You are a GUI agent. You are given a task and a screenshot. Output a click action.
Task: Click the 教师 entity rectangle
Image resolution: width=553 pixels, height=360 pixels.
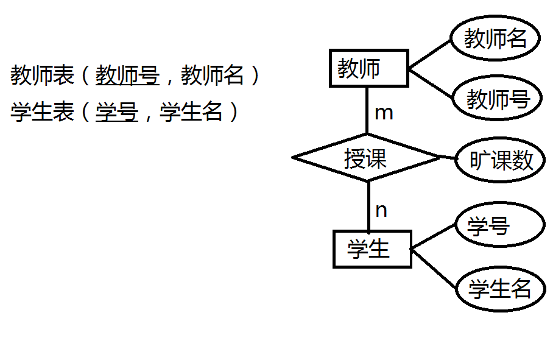coord(368,69)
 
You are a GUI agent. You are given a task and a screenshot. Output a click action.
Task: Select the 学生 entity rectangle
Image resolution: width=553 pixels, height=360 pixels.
coord(372,249)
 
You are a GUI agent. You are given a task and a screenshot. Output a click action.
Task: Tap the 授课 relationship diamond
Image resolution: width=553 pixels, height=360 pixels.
coord(366,158)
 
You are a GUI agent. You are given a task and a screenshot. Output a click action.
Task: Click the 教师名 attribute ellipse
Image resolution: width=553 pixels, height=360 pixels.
coord(495,38)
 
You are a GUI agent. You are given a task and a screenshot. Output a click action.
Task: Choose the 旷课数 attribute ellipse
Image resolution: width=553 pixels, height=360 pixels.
coord(501,161)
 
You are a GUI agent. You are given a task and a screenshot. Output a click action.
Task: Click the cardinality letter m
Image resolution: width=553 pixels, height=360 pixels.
coord(384,113)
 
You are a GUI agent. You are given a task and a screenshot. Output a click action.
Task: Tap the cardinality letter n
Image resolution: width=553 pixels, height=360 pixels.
coord(381,211)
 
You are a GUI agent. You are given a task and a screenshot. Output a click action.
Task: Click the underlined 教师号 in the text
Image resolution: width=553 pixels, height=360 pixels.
coord(127,76)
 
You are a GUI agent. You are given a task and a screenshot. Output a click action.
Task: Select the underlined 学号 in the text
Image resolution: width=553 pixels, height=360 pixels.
coord(117,111)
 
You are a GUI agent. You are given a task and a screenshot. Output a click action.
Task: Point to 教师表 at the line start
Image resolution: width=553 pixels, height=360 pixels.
coord(42,76)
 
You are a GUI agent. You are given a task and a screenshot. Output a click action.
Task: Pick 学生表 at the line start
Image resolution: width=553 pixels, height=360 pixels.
coord(42,111)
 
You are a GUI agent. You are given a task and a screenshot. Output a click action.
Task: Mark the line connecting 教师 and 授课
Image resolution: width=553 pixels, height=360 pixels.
coord(367,110)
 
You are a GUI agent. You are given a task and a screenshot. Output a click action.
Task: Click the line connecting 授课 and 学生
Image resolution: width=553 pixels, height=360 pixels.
coord(368,206)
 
